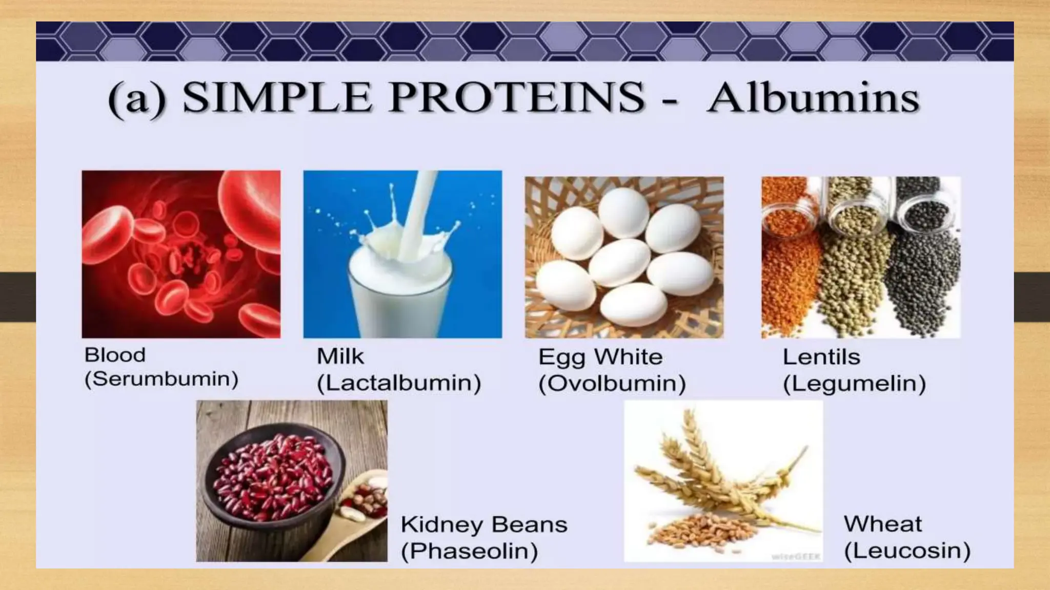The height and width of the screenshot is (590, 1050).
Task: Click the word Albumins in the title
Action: point(813,98)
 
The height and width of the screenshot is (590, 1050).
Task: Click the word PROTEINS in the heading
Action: point(516,97)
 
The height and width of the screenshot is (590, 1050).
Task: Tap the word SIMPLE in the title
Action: point(277,97)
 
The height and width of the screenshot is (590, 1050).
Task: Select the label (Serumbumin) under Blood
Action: point(161,380)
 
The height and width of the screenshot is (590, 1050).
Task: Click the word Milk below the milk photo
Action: point(340,356)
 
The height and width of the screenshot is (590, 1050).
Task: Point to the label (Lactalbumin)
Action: point(399,383)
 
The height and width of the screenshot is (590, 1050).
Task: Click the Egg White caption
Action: point(600,357)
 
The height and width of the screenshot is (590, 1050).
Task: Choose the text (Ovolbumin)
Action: point(612,384)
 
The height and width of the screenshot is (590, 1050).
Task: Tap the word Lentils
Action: point(821,357)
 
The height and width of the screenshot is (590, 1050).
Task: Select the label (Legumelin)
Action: point(854,384)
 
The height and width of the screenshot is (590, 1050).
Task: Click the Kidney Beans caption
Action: point(483,524)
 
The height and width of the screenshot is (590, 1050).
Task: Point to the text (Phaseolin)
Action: point(469,551)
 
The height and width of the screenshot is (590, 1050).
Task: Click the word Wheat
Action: point(882,524)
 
